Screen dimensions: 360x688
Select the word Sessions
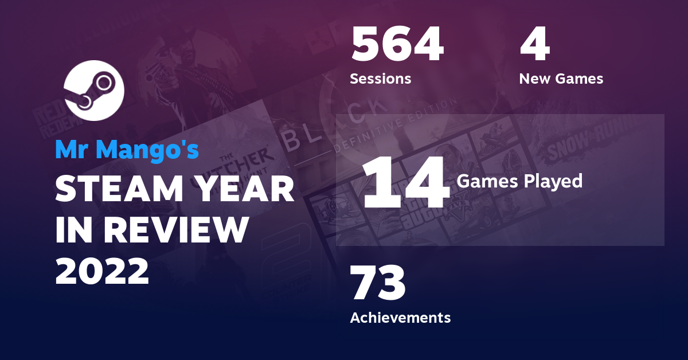point(380,79)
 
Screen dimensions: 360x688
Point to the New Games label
point(561,79)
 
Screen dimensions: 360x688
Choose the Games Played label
point(519,181)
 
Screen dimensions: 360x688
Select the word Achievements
point(400,317)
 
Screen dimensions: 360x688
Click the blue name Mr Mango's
point(127,150)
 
